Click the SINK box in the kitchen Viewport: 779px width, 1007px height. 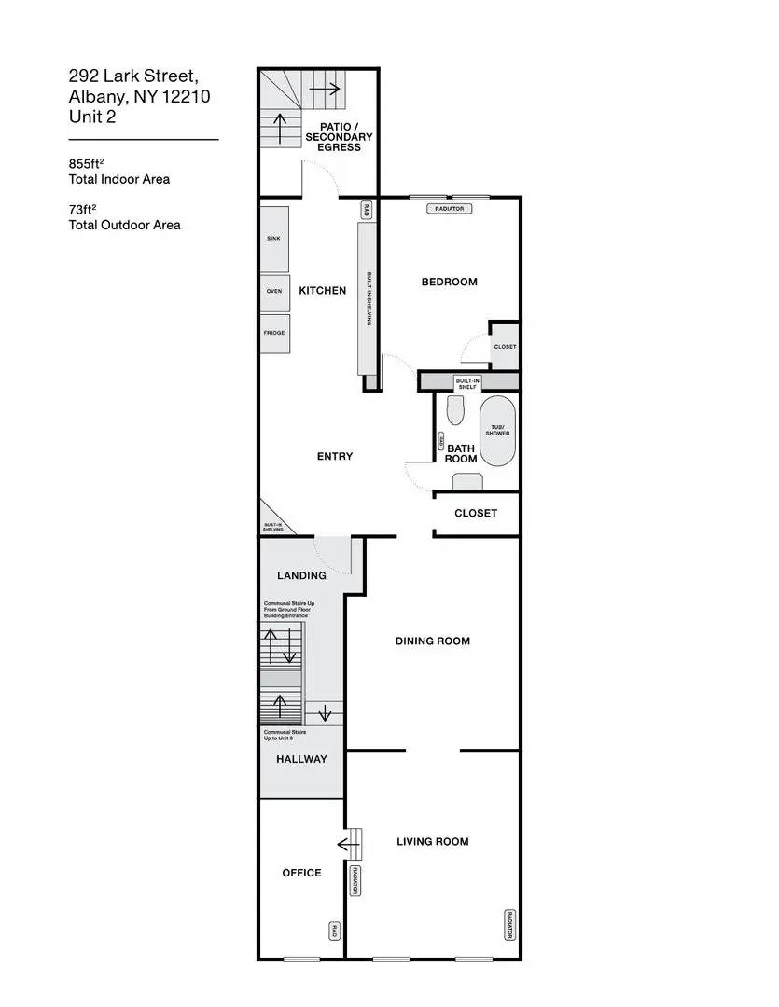tap(274, 239)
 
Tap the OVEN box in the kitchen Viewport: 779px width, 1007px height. tap(274, 292)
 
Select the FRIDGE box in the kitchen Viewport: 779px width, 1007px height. tap(274, 334)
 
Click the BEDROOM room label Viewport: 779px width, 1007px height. tap(449, 283)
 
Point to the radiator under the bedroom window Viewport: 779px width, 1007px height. tap(449, 209)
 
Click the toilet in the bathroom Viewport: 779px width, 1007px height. tap(455, 409)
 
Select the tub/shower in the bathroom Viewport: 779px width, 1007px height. tap(496, 432)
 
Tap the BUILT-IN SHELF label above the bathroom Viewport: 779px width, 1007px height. tap(466, 383)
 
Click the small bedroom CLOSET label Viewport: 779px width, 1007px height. tap(505, 347)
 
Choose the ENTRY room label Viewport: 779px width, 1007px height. tap(335, 457)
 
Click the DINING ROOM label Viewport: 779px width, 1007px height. tap(432, 641)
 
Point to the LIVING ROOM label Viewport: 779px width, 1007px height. tap(432, 842)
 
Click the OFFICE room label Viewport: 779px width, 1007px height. tap(301, 874)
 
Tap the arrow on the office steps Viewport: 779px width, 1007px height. tap(348, 846)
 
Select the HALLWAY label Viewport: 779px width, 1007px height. tap(301, 759)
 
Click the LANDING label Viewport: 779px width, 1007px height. tap(301, 576)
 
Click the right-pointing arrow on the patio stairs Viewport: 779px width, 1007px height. tap(325, 90)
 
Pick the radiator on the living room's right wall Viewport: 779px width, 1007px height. tap(509, 923)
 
